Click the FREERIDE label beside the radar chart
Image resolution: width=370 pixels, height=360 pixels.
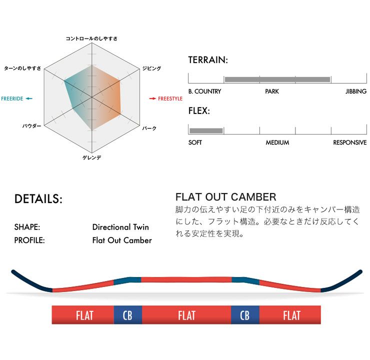click(x=12, y=98)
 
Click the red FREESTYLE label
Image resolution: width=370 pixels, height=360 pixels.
click(x=170, y=98)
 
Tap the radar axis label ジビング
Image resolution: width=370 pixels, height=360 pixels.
click(x=151, y=68)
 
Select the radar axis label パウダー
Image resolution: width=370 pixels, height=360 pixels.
click(x=31, y=126)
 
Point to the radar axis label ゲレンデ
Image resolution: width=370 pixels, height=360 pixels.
click(x=92, y=157)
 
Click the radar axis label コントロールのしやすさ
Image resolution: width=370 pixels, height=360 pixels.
click(x=91, y=38)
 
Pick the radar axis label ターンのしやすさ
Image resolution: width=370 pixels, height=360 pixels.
click(x=22, y=68)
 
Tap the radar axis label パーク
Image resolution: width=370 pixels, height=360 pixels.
click(x=149, y=128)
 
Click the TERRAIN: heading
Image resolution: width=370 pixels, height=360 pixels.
click(x=208, y=60)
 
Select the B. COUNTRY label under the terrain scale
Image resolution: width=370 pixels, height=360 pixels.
click(x=204, y=91)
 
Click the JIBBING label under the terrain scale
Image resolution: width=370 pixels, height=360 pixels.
click(x=356, y=91)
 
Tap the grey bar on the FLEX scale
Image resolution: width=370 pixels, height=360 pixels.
click(x=206, y=130)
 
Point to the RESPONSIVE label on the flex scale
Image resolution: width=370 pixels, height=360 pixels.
click(x=349, y=142)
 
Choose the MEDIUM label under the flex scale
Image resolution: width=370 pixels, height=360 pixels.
click(x=277, y=142)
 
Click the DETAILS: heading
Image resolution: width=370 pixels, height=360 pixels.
click(x=38, y=199)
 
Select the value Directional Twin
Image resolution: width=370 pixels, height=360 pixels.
click(x=120, y=227)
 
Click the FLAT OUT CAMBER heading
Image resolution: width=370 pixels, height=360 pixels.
click(x=226, y=197)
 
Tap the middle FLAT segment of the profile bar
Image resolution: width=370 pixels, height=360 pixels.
click(x=186, y=315)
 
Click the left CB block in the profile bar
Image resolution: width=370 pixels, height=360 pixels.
click(x=127, y=315)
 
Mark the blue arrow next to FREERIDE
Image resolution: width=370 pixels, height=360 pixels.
click(x=29, y=98)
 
